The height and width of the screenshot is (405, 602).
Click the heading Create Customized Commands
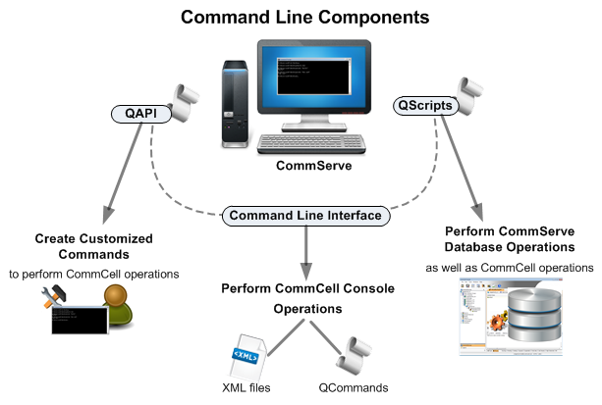point(94,247)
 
